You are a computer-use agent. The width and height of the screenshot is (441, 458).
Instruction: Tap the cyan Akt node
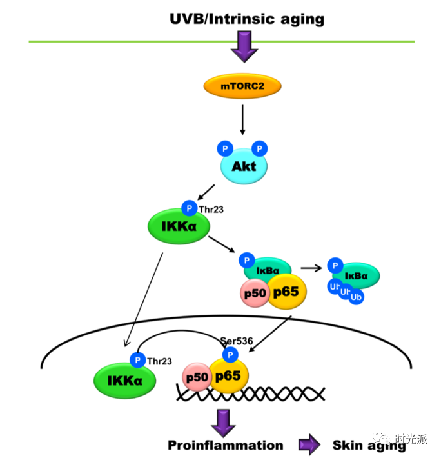click(244, 166)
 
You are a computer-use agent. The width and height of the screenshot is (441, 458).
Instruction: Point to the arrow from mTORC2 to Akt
click(242, 119)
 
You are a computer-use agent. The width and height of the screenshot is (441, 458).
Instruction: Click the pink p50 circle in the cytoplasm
click(252, 292)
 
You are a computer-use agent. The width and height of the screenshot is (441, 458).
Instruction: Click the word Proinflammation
click(225, 445)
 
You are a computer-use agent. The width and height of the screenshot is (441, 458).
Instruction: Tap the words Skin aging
click(369, 445)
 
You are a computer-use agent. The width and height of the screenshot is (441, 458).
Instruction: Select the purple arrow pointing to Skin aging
click(309, 445)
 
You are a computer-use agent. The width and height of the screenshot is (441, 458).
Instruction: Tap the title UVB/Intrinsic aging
click(247, 19)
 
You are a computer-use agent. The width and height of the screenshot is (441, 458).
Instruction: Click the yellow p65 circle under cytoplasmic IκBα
click(286, 292)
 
